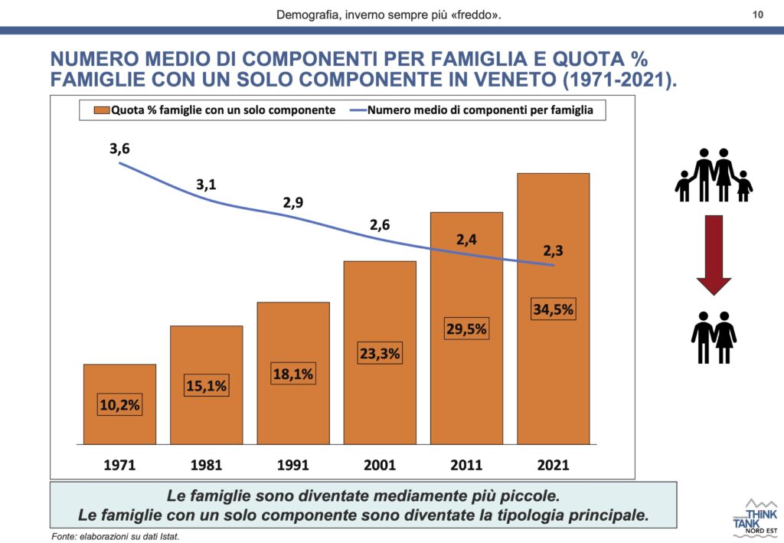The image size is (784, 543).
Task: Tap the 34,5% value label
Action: (x=553, y=310)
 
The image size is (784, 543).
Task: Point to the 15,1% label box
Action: (x=206, y=386)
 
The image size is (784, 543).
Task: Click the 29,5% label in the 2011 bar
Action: (x=466, y=329)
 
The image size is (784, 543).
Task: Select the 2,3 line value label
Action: (x=554, y=250)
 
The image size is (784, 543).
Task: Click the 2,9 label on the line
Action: (x=293, y=203)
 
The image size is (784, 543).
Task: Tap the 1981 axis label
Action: (x=206, y=465)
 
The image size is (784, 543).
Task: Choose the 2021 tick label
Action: (x=554, y=465)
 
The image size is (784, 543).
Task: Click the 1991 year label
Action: (x=293, y=465)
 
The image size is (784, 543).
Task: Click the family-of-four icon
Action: (x=714, y=176)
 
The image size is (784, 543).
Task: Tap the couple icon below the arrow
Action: (x=714, y=337)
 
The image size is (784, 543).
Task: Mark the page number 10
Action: (x=758, y=14)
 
